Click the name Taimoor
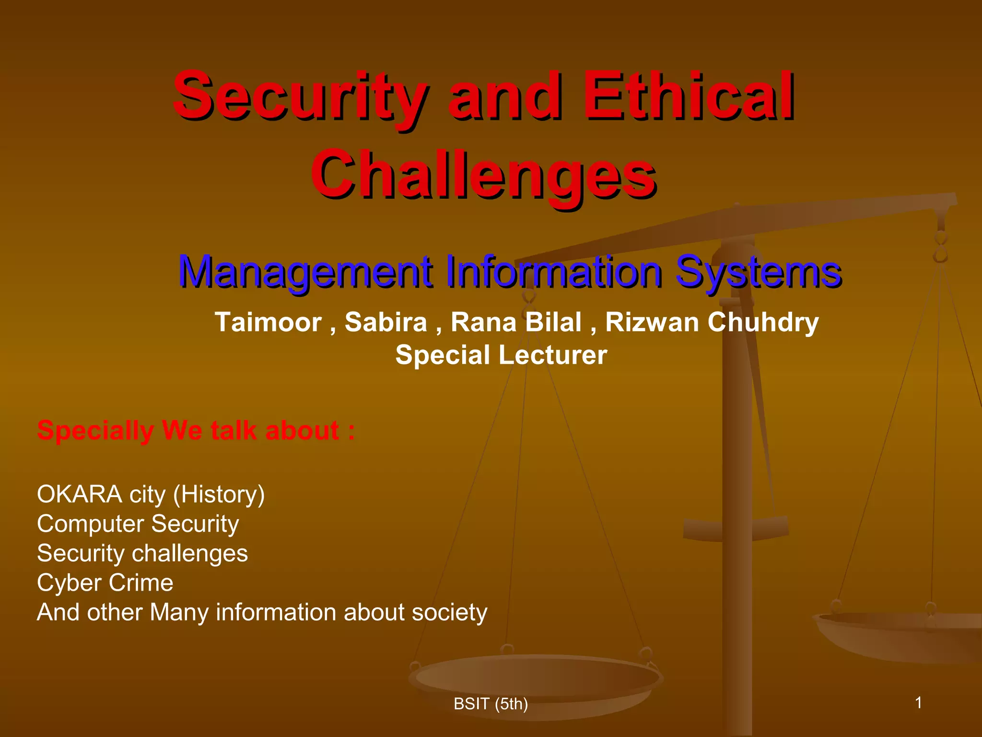(x=268, y=322)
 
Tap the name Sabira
(x=386, y=322)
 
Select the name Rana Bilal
(x=516, y=322)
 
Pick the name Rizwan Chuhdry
(x=712, y=322)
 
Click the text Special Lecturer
(x=501, y=355)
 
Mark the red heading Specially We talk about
(x=196, y=430)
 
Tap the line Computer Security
(x=138, y=524)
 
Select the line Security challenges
(x=142, y=553)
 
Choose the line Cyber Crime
(x=105, y=583)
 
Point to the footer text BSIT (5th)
(x=491, y=704)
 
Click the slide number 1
(x=918, y=703)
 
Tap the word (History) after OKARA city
(x=219, y=494)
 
